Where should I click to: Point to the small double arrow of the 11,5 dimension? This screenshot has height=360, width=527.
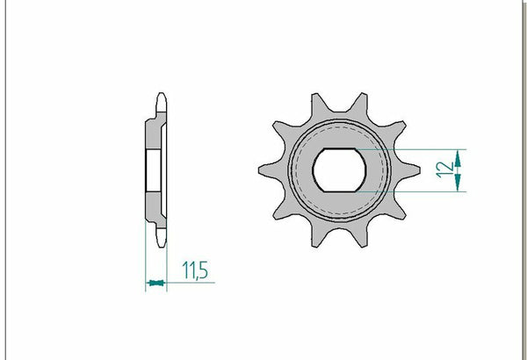point(155,283)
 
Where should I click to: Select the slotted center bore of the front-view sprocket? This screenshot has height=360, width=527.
point(343,169)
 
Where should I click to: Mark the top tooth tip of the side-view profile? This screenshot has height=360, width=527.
point(160,98)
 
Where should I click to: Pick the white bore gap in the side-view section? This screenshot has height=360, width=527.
point(151,169)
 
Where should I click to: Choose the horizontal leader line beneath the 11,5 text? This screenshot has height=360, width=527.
point(189,283)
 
